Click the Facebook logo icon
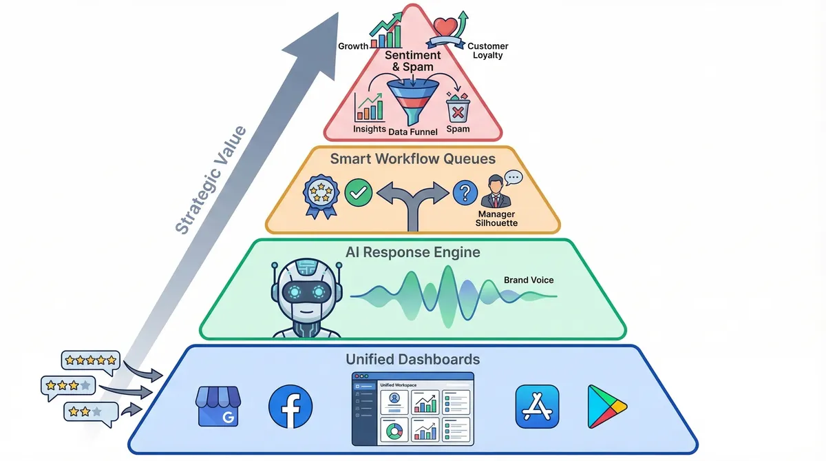point(290,407)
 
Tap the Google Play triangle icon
point(607,407)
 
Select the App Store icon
point(537,407)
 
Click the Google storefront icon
point(217,407)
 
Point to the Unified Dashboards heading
point(413,359)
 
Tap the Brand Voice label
point(529,280)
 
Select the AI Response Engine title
point(413,252)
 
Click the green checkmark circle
point(358,192)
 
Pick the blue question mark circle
point(466,193)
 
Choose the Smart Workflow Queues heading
point(413,159)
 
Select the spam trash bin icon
point(458,109)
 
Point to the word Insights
point(370,129)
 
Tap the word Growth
point(353,47)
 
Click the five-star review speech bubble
point(90,361)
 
